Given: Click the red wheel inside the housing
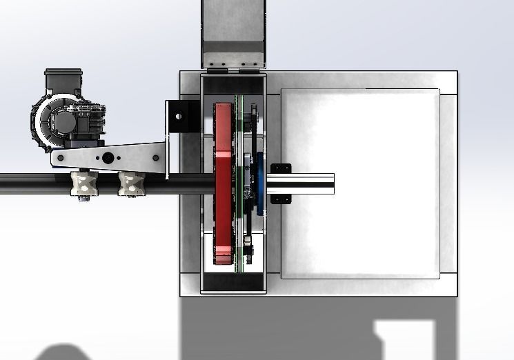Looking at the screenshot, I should pos(223,183).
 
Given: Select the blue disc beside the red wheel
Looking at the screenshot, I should pos(260,183).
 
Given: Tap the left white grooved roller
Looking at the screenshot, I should pos(84,183).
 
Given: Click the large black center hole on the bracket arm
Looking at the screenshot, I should pos(108,157).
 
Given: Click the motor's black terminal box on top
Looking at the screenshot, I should pos(63,82).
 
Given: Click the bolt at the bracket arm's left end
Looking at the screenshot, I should pos(60,158).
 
